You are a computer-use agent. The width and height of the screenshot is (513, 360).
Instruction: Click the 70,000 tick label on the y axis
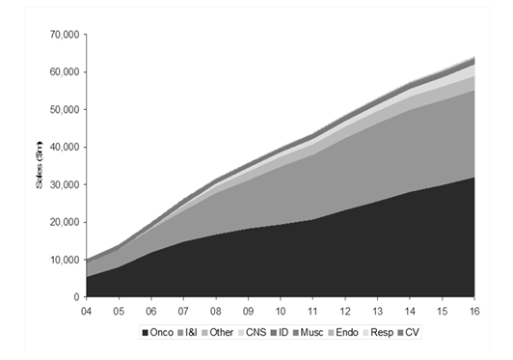[65, 35]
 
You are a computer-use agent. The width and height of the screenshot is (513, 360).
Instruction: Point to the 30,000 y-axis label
[65, 184]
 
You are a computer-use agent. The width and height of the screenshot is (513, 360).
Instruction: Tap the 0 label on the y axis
[76, 297]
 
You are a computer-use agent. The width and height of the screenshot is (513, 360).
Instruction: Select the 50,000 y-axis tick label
[65, 109]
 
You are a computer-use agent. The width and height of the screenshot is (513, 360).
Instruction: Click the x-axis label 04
[86, 311]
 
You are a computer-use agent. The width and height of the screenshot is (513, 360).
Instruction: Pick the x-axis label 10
[281, 311]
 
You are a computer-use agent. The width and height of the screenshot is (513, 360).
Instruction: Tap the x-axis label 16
[474, 311]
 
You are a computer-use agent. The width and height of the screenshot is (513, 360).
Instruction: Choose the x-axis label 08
[216, 311]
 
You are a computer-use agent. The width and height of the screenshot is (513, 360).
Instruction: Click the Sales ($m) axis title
[40, 165]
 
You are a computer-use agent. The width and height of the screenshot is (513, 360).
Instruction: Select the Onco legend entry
[158, 332]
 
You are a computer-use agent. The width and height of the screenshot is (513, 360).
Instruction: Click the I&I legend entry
[187, 332]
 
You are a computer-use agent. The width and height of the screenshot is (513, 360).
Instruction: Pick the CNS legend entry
[253, 332]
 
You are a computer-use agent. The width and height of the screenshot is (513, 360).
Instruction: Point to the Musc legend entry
[309, 332]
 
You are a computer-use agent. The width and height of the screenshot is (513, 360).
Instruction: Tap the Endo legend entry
[343, 332]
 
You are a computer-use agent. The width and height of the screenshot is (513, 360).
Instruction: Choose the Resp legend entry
[378, 332]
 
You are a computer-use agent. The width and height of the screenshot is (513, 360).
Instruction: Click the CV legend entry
[408, 332]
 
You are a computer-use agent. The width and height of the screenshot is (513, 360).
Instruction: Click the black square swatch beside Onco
[146, 333]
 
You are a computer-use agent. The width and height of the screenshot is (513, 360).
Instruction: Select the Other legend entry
[218, 332]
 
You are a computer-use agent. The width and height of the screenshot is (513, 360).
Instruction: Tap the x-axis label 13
[377, 311]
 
